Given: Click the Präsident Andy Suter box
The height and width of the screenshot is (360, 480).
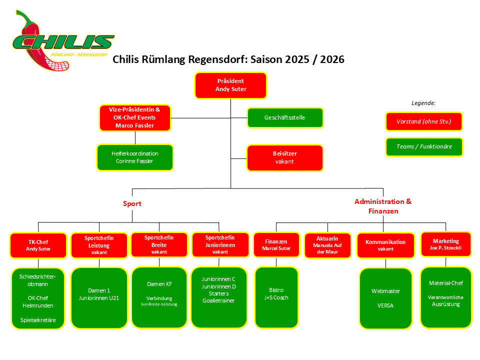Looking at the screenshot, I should [230, 84].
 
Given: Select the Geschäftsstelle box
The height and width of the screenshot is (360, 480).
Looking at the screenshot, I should [284, 117].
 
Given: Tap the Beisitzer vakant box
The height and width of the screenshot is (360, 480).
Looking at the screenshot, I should [284, 157].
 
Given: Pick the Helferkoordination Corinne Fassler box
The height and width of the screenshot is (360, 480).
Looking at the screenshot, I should [135, 157].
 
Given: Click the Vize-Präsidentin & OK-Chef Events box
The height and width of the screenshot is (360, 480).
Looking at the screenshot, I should [135, 117].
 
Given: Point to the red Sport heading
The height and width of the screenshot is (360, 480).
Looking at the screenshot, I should [132, 203].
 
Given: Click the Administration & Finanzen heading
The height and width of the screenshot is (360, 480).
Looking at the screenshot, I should [383, 206].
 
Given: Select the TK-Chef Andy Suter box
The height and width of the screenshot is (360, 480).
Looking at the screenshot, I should [38, 245].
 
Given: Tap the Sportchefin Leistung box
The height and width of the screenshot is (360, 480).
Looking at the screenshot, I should [99, 245].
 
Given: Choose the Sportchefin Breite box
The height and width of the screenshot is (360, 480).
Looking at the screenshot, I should [159, 244].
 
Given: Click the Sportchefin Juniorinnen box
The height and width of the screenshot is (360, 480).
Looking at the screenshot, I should [220, 244].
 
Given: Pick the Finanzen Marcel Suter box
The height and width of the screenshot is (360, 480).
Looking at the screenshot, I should [276, 245].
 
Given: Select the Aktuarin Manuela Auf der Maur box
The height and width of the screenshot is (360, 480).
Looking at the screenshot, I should [328, 245].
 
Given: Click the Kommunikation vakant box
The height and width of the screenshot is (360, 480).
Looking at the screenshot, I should [385, 245].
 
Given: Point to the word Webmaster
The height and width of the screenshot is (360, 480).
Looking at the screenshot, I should [385, 290].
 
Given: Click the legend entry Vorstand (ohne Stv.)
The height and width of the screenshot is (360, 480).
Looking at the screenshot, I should [423, 121].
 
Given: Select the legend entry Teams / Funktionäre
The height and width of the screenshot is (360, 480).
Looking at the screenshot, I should [423, 146].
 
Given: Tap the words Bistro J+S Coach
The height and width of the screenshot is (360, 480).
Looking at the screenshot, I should [276, 293].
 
